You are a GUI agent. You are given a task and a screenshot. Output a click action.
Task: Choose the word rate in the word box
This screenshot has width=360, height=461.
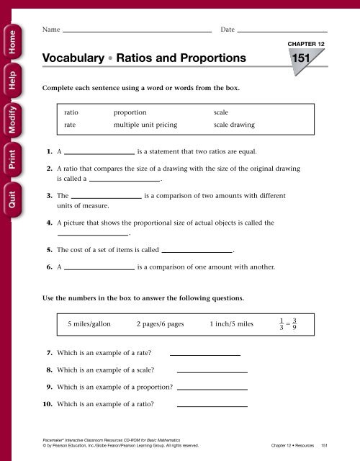click(71, 125)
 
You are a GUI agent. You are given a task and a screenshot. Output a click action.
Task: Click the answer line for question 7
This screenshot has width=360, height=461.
click(204, 354)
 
